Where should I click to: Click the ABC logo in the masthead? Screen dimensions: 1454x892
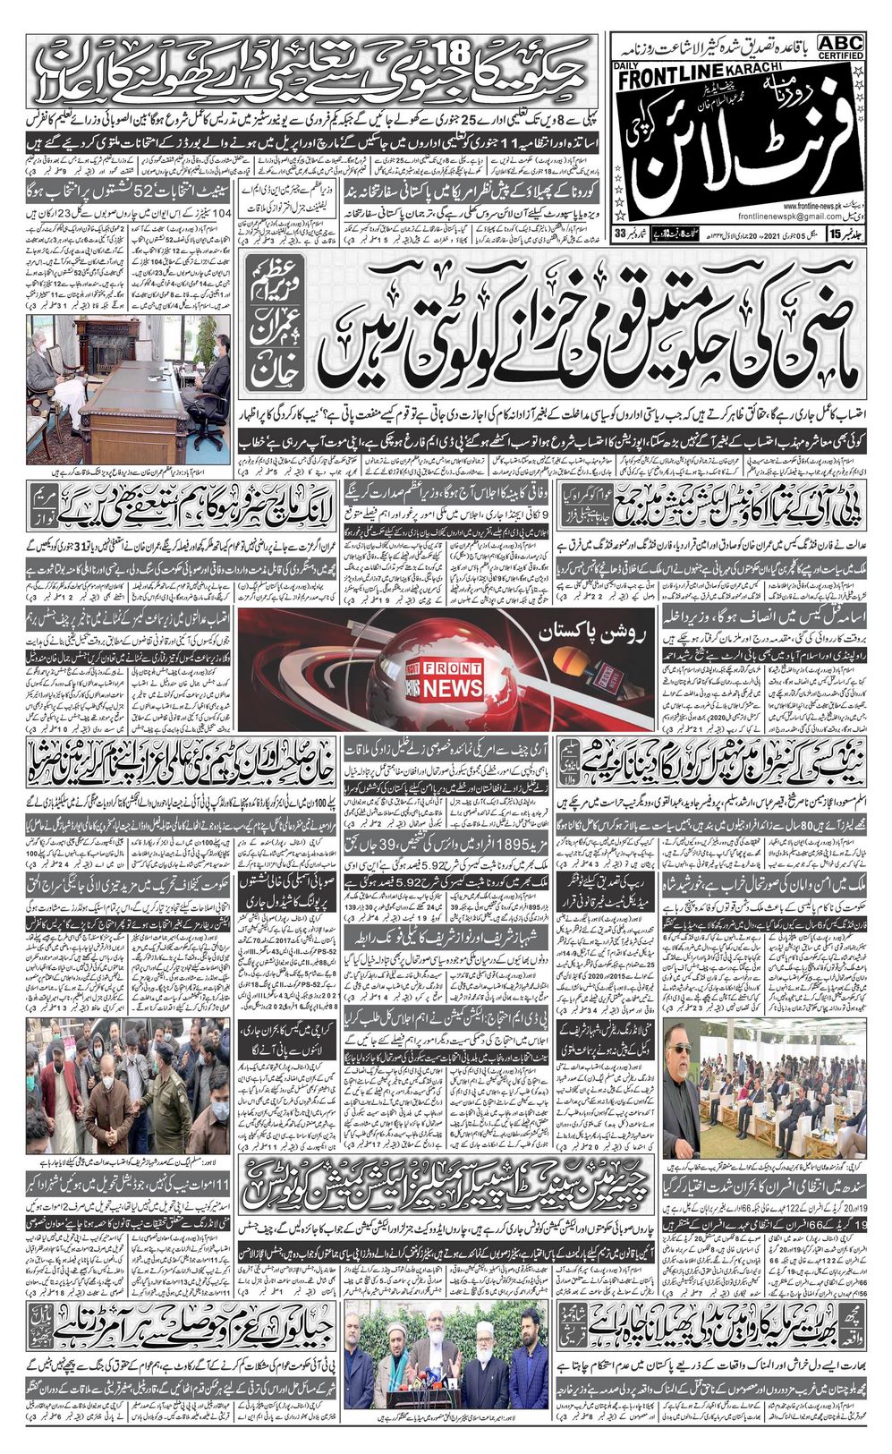[839, 43]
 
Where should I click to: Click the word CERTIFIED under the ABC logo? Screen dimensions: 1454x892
[839, 56]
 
